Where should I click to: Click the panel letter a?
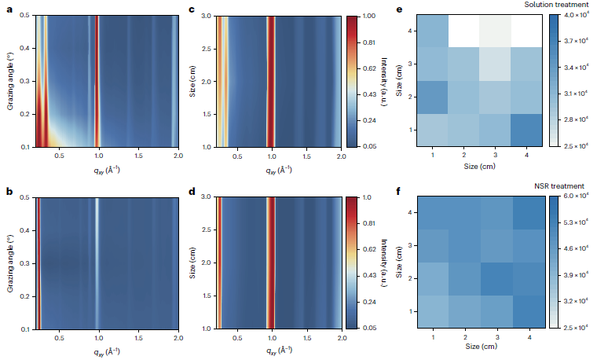point(5,9)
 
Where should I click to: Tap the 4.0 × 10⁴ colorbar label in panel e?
point(574,15)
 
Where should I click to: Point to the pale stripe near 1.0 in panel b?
point(97,263)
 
